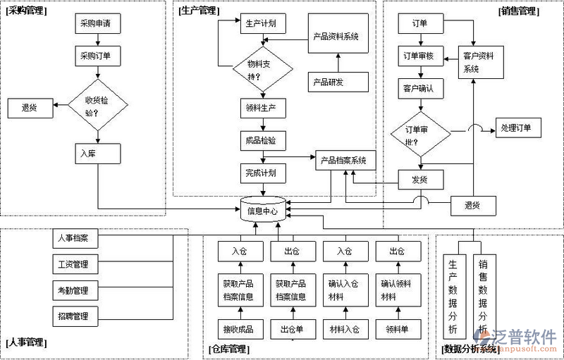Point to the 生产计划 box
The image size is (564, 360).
point(261,23)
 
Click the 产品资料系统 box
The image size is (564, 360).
point(336,36)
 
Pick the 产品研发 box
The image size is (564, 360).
point(336,82)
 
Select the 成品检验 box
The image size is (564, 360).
point(262,140)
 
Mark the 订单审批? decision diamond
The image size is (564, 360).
point(421,135)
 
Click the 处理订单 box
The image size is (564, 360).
point(520,128)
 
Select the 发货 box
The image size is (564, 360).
point(420,180)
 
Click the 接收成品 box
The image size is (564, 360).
point(238,329)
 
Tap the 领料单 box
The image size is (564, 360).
point(397,329)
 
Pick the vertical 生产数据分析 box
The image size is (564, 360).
point(453,296)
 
